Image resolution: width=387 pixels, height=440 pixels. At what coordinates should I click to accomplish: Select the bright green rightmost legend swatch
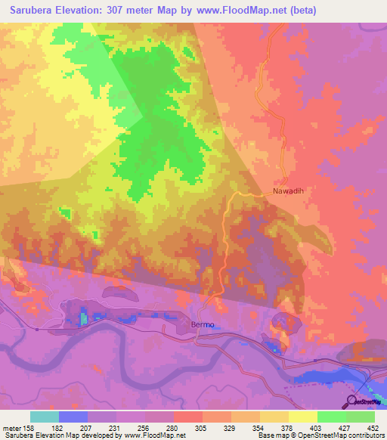point(361,417)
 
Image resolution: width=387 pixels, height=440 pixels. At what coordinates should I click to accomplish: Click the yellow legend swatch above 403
point(302,417)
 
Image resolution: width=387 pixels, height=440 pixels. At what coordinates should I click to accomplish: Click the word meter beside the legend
point(14,427)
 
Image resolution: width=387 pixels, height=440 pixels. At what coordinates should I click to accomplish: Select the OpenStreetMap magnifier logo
point(351,401)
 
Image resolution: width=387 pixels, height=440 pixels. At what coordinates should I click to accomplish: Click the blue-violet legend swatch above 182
point(73,417)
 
